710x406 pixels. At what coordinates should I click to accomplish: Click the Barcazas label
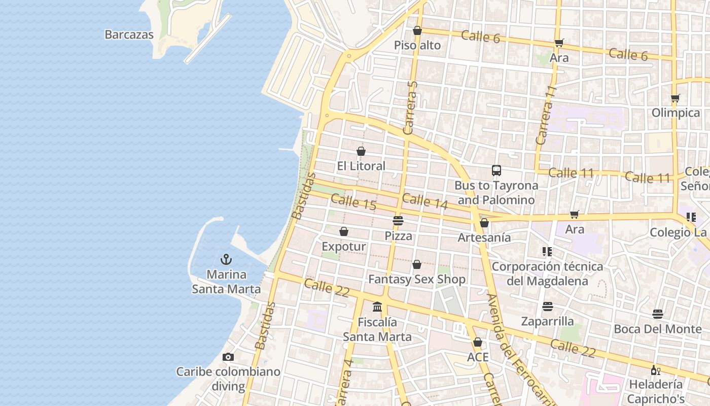[x=129, y=35]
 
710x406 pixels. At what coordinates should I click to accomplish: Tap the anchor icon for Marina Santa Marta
[x=226, y=260]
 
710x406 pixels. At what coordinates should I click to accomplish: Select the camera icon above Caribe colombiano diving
[x=228, y=357]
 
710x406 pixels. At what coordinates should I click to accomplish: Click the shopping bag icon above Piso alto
[x=417, y=31]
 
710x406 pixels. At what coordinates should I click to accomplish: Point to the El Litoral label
[x=361, y=166]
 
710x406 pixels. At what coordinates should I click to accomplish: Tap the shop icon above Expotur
[x=344, y=232]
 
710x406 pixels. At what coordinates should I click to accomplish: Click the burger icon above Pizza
[x=398, y=221]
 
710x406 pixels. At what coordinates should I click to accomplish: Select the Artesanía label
[x=484, y=238]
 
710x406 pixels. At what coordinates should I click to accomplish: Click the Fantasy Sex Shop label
[x=416, y=279]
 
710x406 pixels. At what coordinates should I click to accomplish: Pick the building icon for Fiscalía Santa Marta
[x=377, y=307]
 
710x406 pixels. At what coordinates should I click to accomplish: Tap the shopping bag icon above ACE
[x=477, y=342]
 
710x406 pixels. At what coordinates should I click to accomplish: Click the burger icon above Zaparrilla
[x=548, y=307]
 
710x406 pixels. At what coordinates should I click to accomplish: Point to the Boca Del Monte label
[x=657, y=329]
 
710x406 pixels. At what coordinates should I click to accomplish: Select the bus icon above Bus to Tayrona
[x=496, y=171]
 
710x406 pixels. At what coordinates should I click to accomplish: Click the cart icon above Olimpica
[x=675, y=98]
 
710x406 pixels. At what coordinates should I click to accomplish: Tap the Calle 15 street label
[x=353, y=202]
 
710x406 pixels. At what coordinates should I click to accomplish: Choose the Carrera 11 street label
[x=546, y=115]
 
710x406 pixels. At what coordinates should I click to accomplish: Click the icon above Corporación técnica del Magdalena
[x=547, y=251]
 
